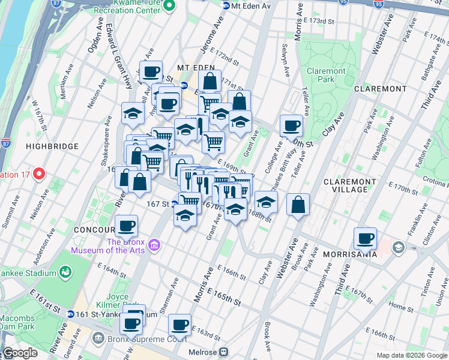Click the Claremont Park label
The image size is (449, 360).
[326, 75]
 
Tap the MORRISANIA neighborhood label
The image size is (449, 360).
[350, 254]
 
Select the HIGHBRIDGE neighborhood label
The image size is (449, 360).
[52, 146]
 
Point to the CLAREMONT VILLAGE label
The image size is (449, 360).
[354, 185]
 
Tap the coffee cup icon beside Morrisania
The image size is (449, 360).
[365, 238]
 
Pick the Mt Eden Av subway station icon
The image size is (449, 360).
[226, 6]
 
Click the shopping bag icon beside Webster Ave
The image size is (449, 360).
[298, 205]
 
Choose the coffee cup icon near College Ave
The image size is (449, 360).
[292, 125]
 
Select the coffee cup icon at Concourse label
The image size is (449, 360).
[126, 226]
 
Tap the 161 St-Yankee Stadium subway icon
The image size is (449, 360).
[71, 314]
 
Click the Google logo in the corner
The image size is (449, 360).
[20, 353]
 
